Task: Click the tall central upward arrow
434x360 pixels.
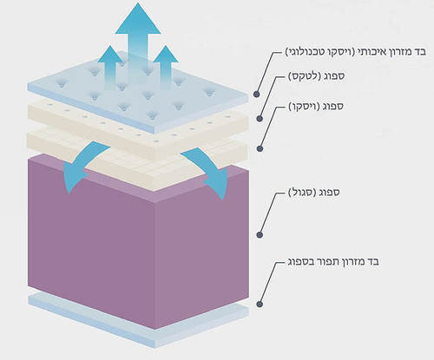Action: pos(138,43)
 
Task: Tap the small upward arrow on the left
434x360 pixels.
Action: pos(110,67)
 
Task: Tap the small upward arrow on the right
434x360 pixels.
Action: pos(166,67)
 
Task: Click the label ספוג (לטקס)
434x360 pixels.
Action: pos(316,76)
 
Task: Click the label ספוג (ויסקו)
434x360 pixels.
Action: pos(316,107)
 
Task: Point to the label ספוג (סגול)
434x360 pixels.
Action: pos(314,193)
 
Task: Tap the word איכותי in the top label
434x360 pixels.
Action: pos(371,52)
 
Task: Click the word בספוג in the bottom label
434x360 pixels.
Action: pos(301,262)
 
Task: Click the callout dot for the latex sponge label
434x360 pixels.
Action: pos(260,118)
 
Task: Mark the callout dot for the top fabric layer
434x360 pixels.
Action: pos(256,94)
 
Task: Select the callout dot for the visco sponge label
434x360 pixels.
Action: pos(260,148)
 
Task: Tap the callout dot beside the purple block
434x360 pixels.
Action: pos(260,234)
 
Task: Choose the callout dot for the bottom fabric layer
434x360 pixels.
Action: pos(260,304)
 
